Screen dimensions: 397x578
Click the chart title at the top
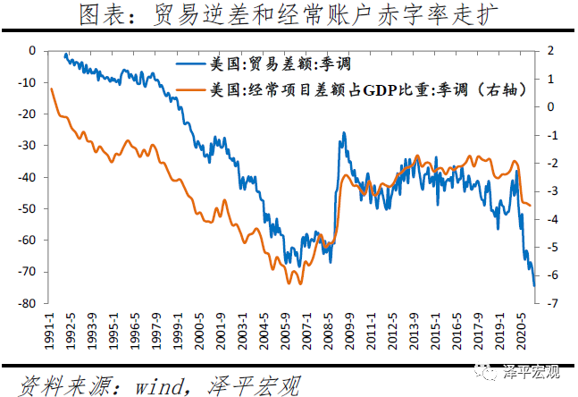(x=289, y=16)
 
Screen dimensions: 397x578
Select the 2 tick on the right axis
(x=550, y=50)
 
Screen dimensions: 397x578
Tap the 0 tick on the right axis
(x=550, y=106)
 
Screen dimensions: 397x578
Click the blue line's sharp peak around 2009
(x=343, y=133)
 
